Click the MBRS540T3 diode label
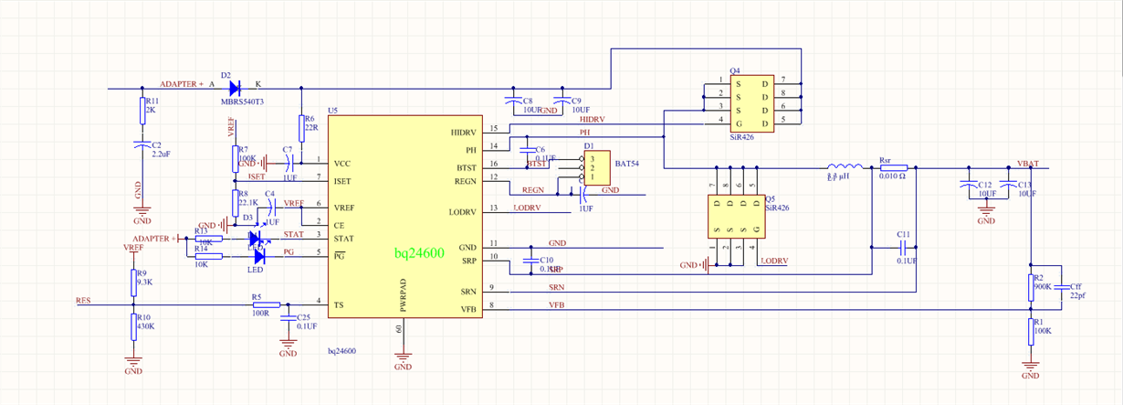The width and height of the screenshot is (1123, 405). pos(242,101)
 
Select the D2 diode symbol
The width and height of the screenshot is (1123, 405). pos(234,89)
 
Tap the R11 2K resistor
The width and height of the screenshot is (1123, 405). pos(142,112)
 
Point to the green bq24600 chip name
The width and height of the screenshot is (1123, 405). pos(419,252)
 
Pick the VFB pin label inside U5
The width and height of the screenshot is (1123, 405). pos(467,310)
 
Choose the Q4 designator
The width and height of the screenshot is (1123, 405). pos(735,70)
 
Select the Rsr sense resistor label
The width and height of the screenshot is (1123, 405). pos(885,159)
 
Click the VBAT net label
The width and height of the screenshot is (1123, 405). pos(1029,162)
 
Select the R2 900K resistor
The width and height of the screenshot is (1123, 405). pos(1031,286)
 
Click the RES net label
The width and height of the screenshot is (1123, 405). pos(83,299)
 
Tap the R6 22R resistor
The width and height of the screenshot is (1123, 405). pos(301,127)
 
